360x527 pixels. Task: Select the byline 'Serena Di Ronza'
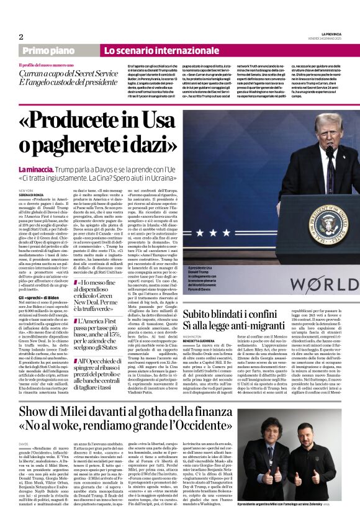coord(32,196)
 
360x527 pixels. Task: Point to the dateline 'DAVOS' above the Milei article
coord(24,444)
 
